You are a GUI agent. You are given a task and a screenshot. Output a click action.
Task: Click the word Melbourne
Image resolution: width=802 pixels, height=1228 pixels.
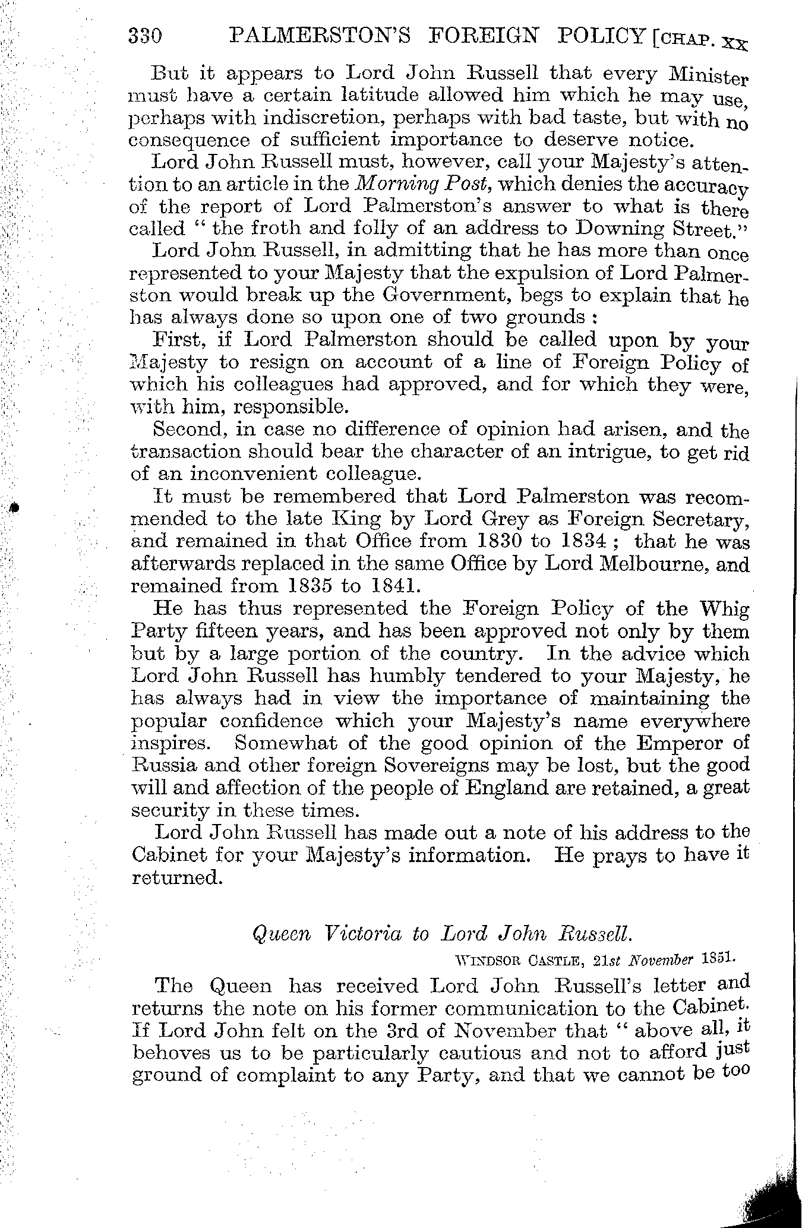644,564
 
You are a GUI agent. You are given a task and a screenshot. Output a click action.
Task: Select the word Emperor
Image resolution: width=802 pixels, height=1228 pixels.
659,743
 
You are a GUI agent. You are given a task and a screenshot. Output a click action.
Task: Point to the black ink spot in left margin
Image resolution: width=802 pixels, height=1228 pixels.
11,509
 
